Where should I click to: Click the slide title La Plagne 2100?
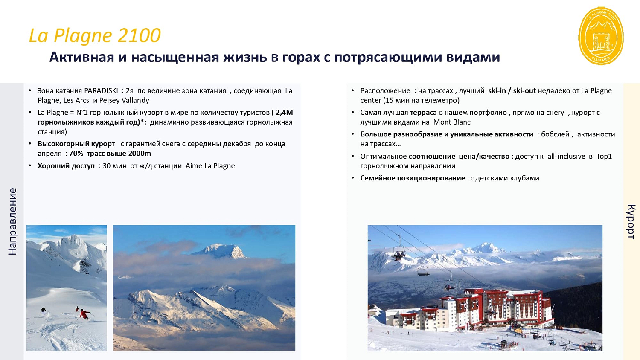95,35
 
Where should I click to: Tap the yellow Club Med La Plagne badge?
601,36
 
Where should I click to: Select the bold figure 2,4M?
284,112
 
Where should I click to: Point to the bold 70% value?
76,154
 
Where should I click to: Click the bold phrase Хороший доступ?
66,166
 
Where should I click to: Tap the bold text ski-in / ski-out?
512,90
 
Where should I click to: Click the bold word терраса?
423,112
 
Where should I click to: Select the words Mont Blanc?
452,122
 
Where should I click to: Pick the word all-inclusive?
566,156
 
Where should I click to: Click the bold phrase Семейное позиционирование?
413,178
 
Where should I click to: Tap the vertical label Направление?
12,221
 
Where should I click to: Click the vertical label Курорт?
631,221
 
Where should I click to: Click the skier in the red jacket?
84,314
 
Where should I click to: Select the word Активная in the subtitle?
82,57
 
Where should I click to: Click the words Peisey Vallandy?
124,100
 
